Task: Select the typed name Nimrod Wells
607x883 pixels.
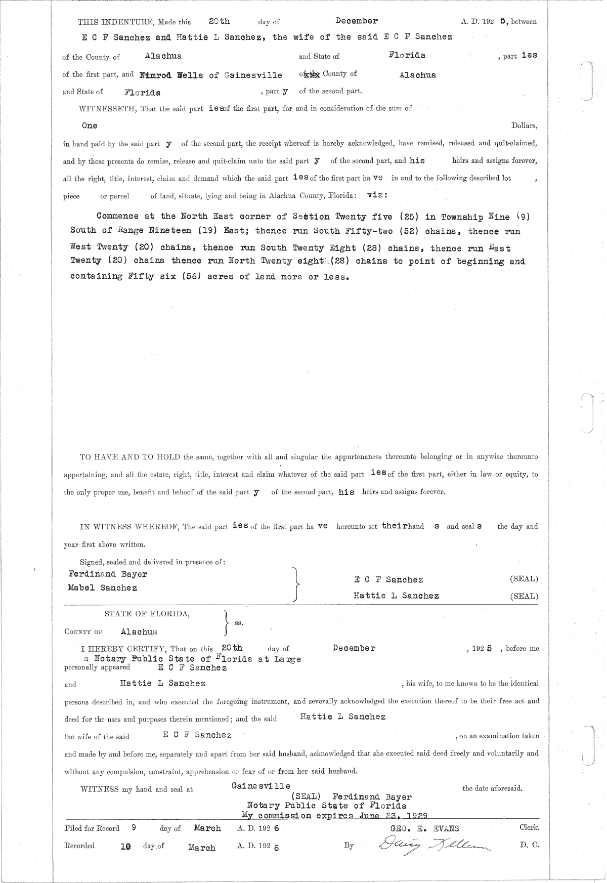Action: pos(170,75)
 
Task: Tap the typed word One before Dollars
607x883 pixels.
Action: pos(89,125)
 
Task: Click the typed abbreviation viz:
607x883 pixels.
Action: pos(377,195)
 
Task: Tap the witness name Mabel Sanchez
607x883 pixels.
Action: pos(103,588)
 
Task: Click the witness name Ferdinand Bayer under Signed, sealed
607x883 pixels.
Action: pos(108,574)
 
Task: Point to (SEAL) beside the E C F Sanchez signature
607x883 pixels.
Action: pos(524,579)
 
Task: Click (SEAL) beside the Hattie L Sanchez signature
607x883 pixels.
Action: pos(524,596)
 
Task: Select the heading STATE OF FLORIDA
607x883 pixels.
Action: pos(147,614)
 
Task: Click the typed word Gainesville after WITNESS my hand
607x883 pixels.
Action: pos(261,786)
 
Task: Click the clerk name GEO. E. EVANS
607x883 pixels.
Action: pos(424,828)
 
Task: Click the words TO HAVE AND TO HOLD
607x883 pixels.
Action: pos(131,457)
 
